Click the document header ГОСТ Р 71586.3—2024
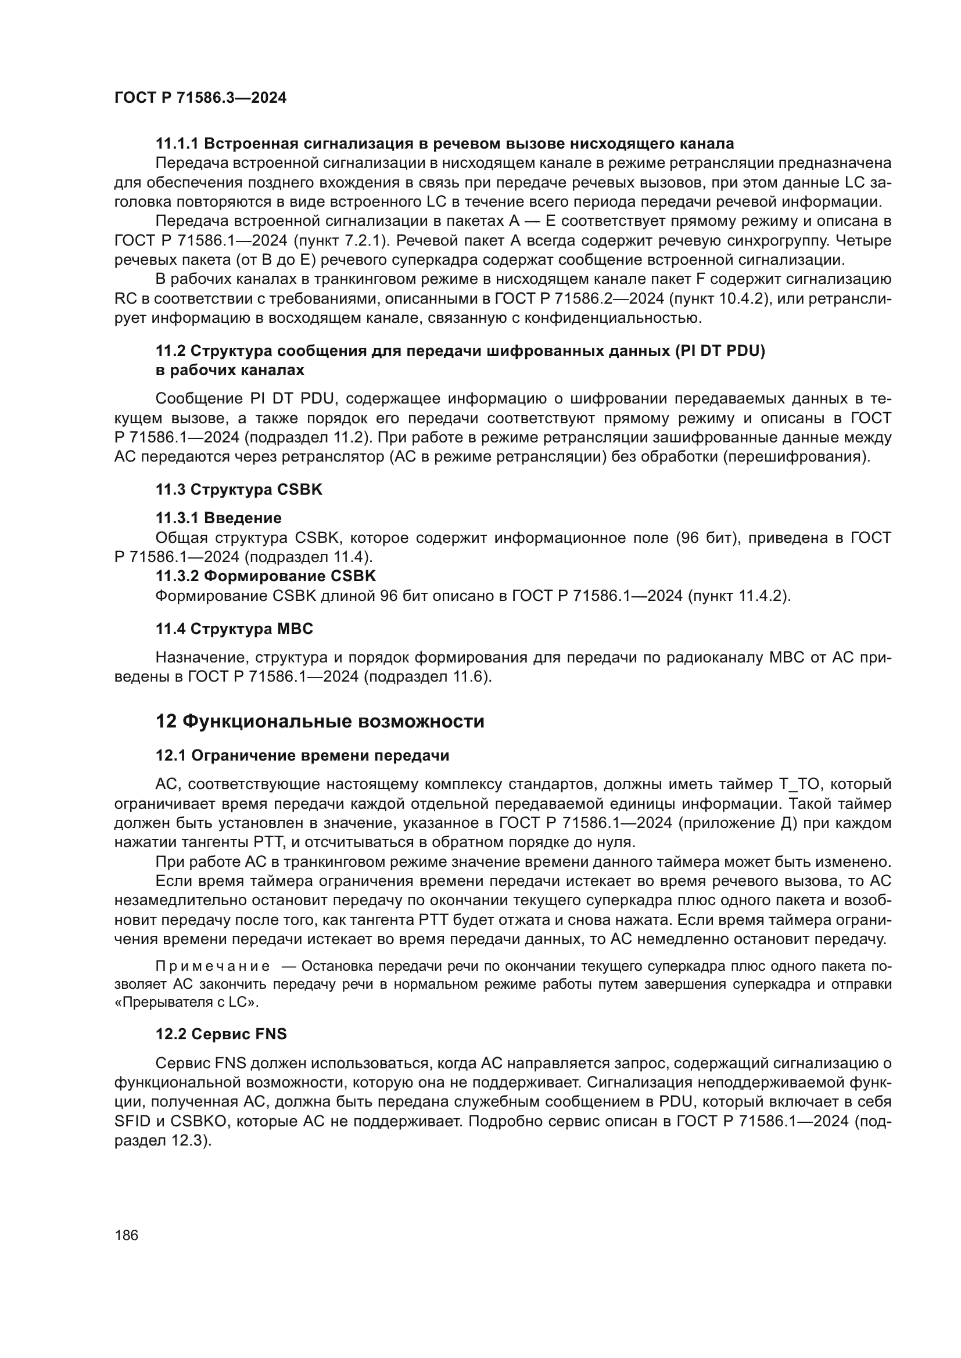pos(200,98)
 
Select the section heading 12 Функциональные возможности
pos(320,722)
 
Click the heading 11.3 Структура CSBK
pos(238,490)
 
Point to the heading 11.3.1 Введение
pos(218,518)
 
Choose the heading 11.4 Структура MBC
pos(234,629)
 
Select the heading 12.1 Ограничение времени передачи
pos(302,756)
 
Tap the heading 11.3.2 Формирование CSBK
pos(265,576)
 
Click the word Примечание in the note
pos(213,967)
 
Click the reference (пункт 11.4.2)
pos(739,596)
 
